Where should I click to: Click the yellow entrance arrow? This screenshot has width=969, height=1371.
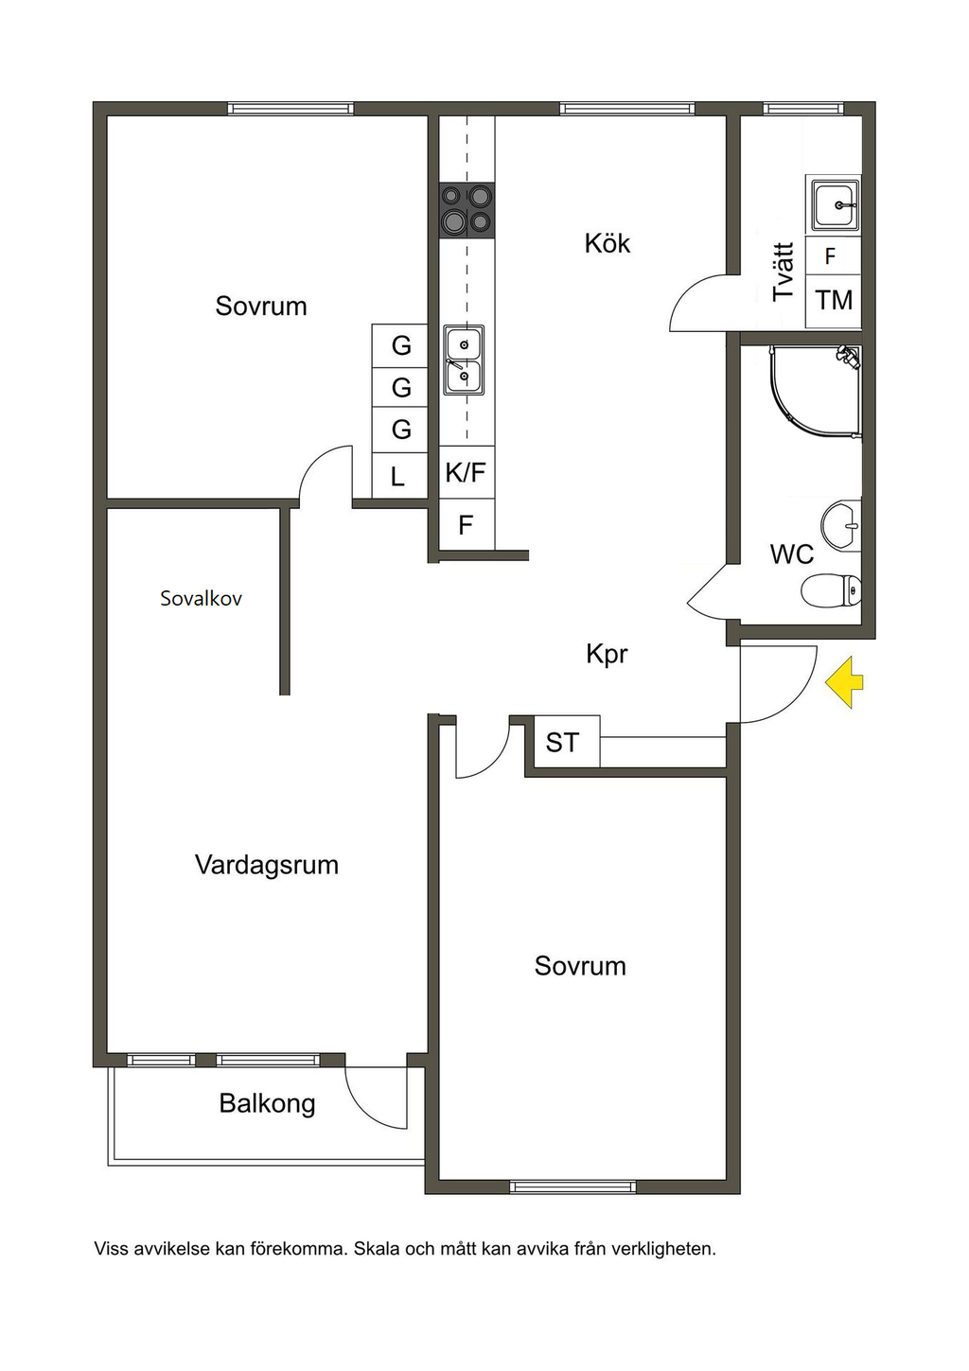click(x=845, y=682)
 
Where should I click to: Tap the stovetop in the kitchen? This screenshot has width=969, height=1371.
click(x=467, y=209)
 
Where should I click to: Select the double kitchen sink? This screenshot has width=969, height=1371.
click(x=465, y=360)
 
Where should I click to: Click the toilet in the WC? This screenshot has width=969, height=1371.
click(x=831, y=592)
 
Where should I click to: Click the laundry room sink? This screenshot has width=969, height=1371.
click(x=834, y=204)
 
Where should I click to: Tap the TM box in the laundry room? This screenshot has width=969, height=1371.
click(x=834, y=301)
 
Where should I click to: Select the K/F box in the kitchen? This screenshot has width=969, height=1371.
click(x=466, y=472)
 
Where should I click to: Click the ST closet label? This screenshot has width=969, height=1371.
click(x=562, y=743)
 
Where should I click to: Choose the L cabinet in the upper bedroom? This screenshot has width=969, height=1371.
click(x=398, y=477)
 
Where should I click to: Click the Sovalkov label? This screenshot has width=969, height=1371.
click(x=201, y=598)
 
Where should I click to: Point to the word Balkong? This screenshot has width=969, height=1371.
click(x=267, y=1103)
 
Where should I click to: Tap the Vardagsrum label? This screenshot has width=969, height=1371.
click(x=267, y=865)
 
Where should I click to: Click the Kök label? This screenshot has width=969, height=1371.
click(x=607, y=244)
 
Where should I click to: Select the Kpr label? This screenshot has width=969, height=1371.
click(x=607, y=654)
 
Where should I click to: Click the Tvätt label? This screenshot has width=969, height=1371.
click(x=783, y=272)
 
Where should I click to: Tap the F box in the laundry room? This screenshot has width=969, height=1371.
click(x=831, y=256)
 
